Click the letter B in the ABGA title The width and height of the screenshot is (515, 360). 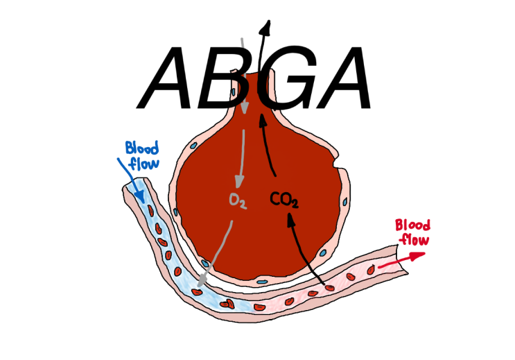tap(232, 78)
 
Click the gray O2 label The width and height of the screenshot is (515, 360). tap(238, 201)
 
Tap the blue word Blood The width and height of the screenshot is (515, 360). tap(141, 148)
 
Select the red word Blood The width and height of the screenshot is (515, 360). tap(412, 225)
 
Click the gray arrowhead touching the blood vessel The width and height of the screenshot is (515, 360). tap(202, 281)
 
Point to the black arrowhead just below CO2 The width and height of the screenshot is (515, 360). tap(290, 218)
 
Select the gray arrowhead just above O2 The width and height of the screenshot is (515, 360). tap(239, 183)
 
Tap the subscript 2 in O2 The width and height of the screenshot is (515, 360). tap(243, 204)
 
